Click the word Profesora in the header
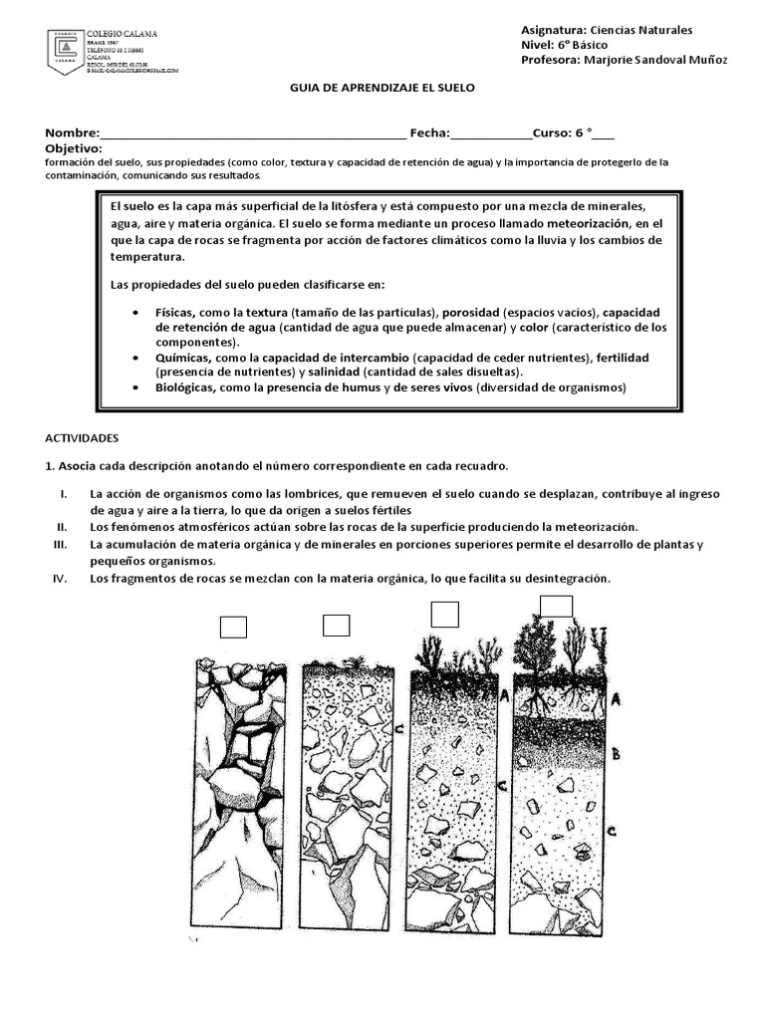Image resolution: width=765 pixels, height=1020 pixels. (549, 61)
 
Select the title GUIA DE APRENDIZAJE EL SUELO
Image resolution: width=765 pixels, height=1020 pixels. (382, 88)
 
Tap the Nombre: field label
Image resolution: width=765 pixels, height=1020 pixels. (72, 133)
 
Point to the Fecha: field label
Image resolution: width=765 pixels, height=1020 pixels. (429, 133)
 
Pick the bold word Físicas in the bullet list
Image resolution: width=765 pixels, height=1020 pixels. (175, 312)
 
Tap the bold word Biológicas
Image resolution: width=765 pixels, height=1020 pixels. (184, 387)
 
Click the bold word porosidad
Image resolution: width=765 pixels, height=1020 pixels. (469, 312)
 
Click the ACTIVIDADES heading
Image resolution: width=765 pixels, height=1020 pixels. (83, 437)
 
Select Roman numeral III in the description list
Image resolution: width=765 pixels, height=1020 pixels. (59, 545)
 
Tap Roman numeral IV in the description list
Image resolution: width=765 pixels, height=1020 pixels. (59, 579)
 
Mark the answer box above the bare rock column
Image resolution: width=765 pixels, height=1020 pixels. (233, 627)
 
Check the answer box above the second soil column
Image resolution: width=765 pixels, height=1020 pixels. (337, 625)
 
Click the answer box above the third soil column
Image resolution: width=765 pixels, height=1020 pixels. (444, 615)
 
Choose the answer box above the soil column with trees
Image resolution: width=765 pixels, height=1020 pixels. (556, 606)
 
